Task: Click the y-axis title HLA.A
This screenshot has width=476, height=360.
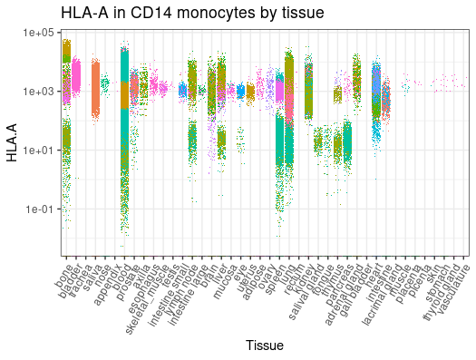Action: [12, 142]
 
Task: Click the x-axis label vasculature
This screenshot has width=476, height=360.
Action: [448, 281]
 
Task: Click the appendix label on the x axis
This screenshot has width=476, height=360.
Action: [107, 277]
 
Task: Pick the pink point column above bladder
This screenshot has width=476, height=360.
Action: [76, 74]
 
